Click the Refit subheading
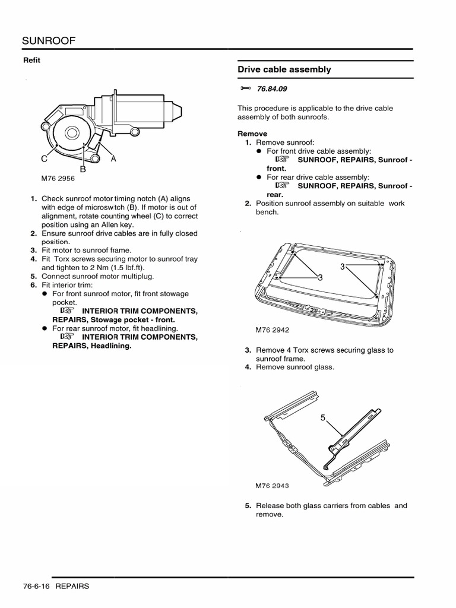(x=31, y=60)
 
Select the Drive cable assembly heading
(x=284, y=69)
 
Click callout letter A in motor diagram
(x=113, y=159)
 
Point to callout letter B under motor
(x=83, y=169)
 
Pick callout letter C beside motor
(x=45, y=159)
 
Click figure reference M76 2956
(x=58, y=178)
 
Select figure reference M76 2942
(x=273, y=330)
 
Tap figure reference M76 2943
(x=272, y=485)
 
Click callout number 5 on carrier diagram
(x=324, y=418)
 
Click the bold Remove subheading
(x=252, y=134)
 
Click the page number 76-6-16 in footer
(x=36, y=586)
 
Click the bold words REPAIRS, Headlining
(x=91, y=346)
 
